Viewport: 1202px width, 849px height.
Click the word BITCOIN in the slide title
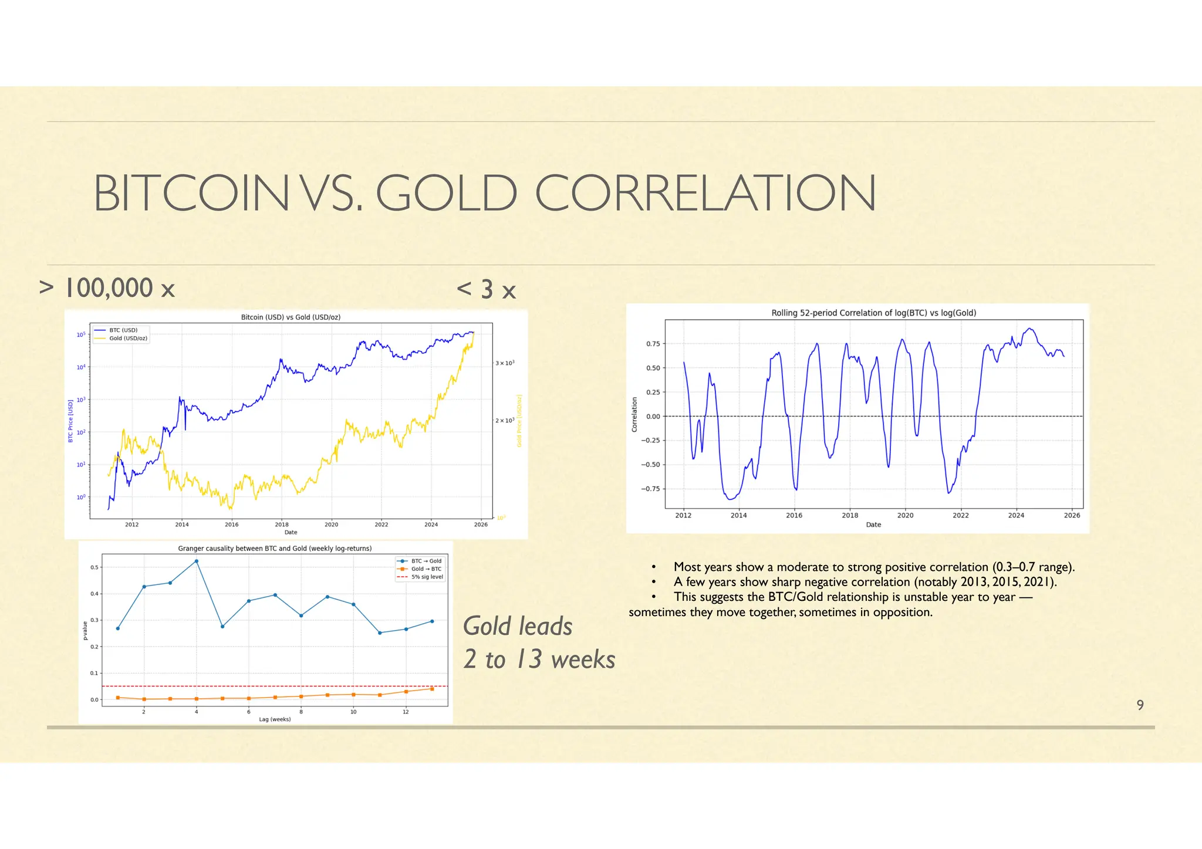click(191, 194)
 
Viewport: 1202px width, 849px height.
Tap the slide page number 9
click(1140, 705)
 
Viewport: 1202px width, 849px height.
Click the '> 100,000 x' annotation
click(107, 289)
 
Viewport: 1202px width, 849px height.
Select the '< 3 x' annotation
click(486, 290)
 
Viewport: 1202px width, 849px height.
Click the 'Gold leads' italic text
click(517, 626)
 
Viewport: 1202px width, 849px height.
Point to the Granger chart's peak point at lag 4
click(196, 561)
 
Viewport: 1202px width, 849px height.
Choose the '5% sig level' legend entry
click(427, 577)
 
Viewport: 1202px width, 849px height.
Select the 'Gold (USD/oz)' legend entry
click(128, 339)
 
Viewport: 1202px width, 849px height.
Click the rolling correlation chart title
click(873, 313)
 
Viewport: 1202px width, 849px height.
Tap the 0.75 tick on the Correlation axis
click(653, 344)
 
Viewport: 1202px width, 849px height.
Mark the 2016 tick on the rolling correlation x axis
click(794, 515)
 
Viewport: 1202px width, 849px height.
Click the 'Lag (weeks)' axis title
click(275, 719)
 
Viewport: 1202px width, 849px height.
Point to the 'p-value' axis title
click(85, 631)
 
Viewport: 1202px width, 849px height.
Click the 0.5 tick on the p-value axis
click(94, 567)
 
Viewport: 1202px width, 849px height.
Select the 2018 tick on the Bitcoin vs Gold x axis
click(282, 525)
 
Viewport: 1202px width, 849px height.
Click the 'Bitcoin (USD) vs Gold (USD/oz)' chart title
click(291, 317)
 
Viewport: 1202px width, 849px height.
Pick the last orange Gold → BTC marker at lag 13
click(432, 689)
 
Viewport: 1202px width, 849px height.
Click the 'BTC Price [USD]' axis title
click(71, 421)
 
